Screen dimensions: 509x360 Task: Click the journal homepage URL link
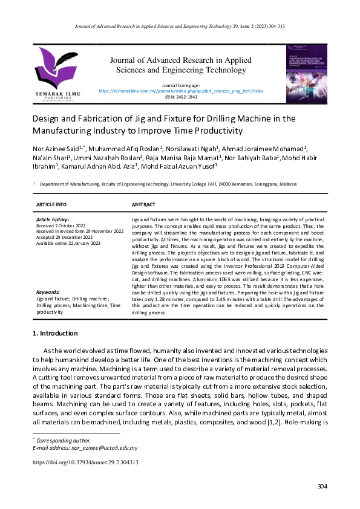point(181,91)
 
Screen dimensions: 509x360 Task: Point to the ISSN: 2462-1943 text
point(181,96)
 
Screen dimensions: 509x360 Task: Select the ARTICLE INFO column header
point(51,204)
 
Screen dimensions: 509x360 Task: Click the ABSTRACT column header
point(143,204)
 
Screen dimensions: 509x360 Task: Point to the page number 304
point(322,487)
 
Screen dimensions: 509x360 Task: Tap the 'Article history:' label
point(53,219)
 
